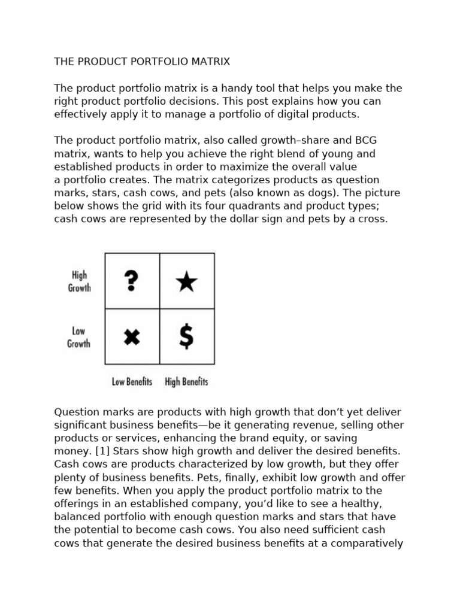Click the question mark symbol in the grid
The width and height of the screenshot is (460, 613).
132,281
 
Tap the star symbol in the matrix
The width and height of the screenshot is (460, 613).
187,281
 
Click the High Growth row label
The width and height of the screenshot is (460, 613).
79,281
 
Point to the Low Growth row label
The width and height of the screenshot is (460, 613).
78,337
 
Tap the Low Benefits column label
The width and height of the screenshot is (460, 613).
132,381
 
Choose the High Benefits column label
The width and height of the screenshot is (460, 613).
186,381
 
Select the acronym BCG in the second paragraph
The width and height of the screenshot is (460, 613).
367,140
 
